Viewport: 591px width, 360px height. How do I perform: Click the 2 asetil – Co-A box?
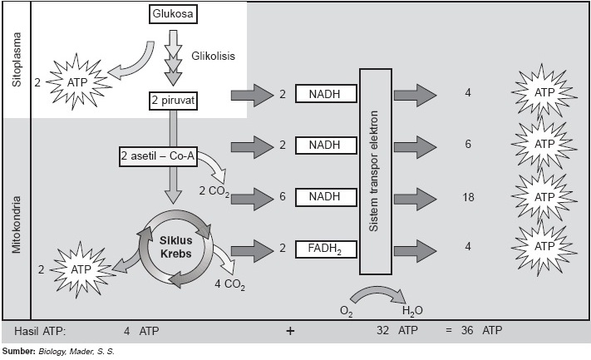[158, 155]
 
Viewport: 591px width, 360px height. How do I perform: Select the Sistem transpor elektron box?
[381, 171]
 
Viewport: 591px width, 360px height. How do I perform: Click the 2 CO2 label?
[214, 192]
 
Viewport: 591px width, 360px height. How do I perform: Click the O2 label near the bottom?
[347, 311]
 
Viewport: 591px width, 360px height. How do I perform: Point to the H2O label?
[411, 311]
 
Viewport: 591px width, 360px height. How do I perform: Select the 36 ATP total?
[480, 330]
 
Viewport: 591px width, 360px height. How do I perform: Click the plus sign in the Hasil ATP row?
[290, 330]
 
